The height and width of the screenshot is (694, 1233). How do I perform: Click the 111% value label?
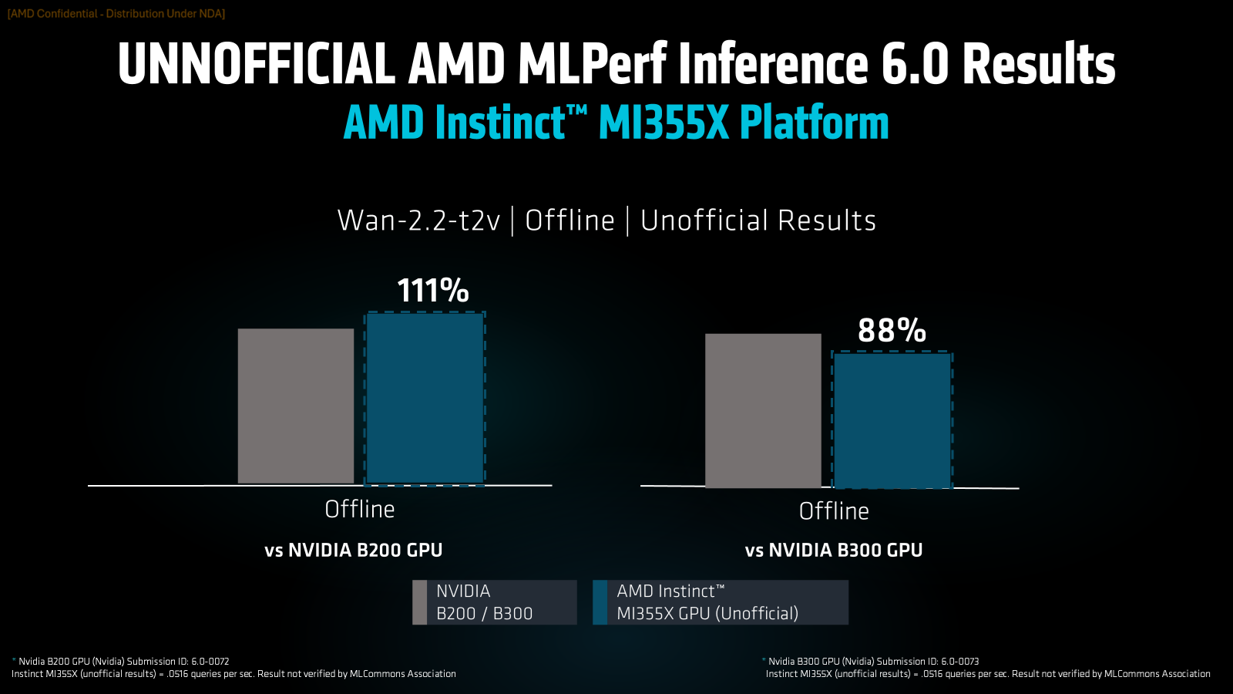point(432,291)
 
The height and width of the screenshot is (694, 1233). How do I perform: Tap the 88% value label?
point(892,331)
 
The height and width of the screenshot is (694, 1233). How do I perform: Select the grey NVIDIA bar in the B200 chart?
point(296,406)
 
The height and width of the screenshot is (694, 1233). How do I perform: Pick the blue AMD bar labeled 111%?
point(425,398)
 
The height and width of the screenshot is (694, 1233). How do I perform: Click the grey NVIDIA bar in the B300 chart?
point(763,410)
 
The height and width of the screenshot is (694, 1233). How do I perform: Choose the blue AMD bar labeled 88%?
point(892,420)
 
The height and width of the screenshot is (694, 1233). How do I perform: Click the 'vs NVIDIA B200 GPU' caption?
point(353,550)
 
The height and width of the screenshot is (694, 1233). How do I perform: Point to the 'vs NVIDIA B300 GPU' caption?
point(833,550)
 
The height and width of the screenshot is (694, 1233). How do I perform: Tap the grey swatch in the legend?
point(419,602)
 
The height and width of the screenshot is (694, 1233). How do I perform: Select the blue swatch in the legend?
point(600,602)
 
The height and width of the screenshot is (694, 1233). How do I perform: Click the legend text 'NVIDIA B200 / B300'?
point(484,602)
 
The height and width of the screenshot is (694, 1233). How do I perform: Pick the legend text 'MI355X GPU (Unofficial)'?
point(707,613)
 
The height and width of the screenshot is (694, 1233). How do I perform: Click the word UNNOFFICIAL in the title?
point(256,64)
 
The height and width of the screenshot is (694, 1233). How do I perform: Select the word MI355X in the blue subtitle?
point(663,123)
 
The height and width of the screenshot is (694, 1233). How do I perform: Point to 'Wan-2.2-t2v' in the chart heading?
point(418,221)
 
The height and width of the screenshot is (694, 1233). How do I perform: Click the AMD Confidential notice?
point(116,14)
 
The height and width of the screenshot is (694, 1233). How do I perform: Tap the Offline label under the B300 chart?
point(834,510)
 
